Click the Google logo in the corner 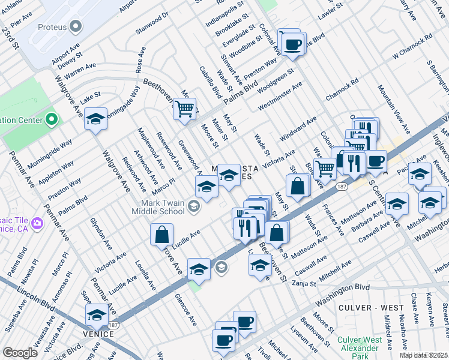(x=20, y=353)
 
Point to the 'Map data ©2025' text (x=423, y=355)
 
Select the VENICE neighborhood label (x=99, y=334)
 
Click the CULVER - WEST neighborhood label (x=371, y=308)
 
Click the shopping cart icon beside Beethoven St (x=184, y=109)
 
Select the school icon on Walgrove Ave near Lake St (x=95, y=119)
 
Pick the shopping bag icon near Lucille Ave (x=161, y=235)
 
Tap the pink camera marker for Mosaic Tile (x=37, y=223)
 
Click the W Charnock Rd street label (x=412, y=46)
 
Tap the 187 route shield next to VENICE (x=114, y=325)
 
